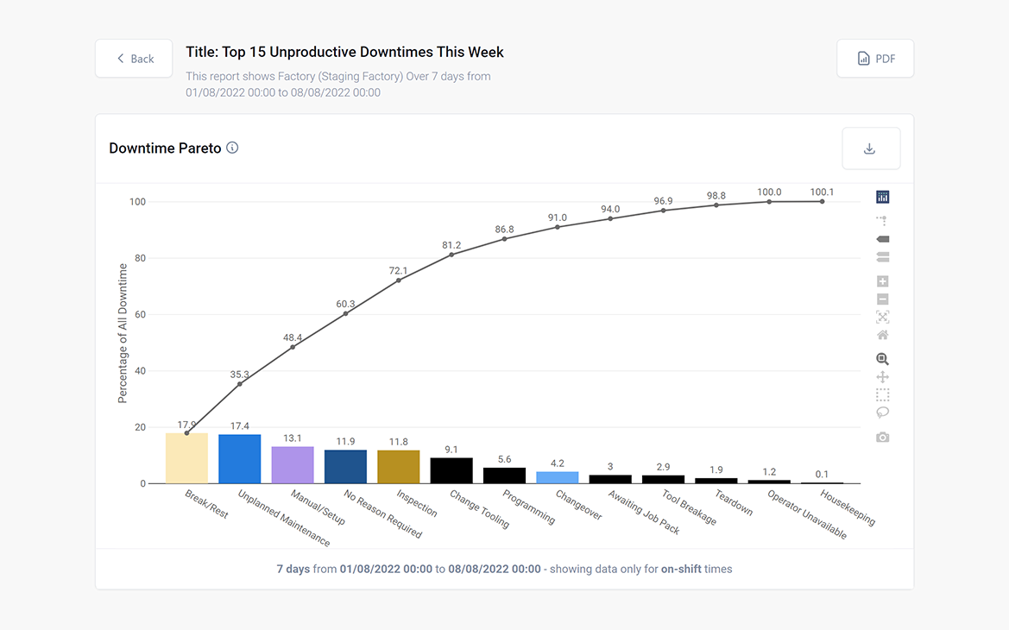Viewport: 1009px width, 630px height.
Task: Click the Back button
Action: pyautogui.click(x=134, y=59)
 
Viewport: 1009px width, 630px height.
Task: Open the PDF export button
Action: pyautogui.click(x=875, y=59)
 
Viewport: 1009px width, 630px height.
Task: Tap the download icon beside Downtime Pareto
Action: pyautogui.click(x=870, y=148)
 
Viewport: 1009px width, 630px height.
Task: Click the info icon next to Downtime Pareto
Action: pyautogui.click(x=232, y=148)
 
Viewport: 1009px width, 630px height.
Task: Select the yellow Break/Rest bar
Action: pyautogui.click(x=186, y=459)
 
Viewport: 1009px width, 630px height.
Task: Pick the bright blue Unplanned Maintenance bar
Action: pyautogui.click(x=239, y=460)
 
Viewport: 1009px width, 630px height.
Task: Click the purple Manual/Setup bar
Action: pyautogui.click(x=293, y=466)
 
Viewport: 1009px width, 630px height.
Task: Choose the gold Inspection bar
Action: pyautogui.click(x=398, y=468)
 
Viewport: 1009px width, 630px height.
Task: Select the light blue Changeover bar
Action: pyautogui.click(x=557, y=477)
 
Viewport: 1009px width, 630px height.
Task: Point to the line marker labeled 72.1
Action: pyautogui.click(x=398, y=280)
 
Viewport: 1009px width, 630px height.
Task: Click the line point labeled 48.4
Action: pyautogui.click(x=293, y=347)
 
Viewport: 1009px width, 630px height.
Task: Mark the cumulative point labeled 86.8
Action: pyautogui.click(x=504, y=239)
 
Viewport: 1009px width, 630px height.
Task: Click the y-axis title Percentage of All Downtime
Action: pyautogui.click(x=123, y=333)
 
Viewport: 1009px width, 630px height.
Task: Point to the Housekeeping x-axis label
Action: pyautogui.click(x=848, y=507)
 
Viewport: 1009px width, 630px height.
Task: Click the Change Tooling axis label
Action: pyautogui.click(x=480, y=508)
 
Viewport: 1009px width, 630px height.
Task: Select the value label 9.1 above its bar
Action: pyautogui.click(x=451, y=450)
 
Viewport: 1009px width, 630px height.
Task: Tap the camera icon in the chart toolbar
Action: pyautogui.click(x=882, y=438)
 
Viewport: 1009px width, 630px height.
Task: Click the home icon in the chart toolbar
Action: pyautogui.click(x=882, y=335)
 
